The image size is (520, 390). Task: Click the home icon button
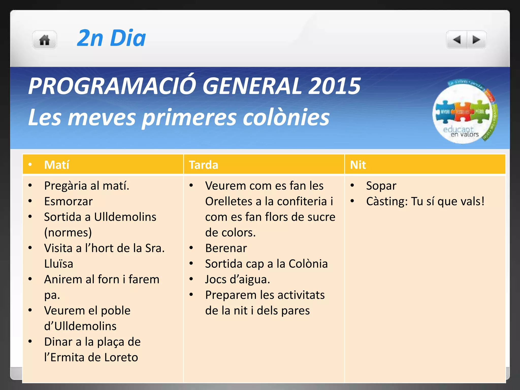tap(44, 40)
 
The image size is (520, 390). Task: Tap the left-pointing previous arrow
tap(457, 40)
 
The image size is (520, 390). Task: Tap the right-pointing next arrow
tap(476, 40)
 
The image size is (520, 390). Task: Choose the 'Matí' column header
tap(57, 165)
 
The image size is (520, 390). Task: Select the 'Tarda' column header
tap(203, 165)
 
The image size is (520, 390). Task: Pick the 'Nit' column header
tap(358, 165)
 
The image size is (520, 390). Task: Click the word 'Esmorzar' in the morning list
tap(68, 201)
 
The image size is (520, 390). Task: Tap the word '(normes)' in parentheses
tap(68, 233)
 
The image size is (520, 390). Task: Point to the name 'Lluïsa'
tap(59, 264)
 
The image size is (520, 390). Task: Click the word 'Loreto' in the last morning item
tap(121, 357)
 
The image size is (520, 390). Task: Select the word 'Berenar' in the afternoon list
tap(226, 248)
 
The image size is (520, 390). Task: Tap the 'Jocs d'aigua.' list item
tap(237, 280)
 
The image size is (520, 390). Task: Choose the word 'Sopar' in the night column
tap(381, 186)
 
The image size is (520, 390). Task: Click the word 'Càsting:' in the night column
tap(387, 201)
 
